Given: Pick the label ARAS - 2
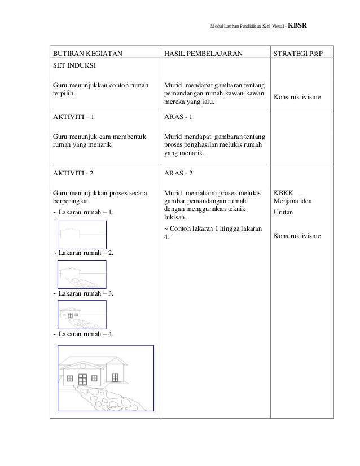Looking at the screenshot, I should click(x=178, y=173).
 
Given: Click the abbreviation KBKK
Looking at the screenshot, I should click(x=283, y=192).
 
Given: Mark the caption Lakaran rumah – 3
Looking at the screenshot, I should click(x=83, y=293).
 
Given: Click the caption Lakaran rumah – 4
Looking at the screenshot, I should click(x=83, y=334).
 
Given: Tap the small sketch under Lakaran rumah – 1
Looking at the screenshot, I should click(x=82, y=234).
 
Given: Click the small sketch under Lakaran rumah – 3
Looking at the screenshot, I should click(x=82, y=314).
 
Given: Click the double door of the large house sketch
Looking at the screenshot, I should click(x=82, y=379).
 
